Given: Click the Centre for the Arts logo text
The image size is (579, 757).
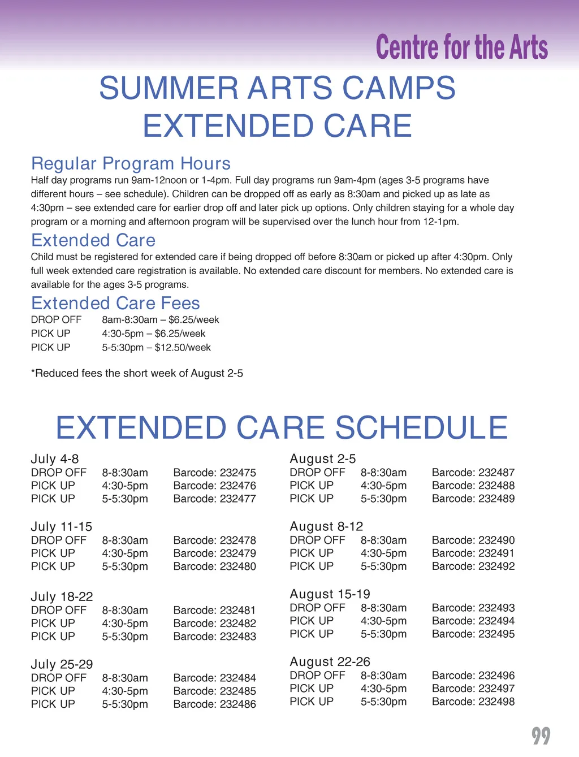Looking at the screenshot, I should pos(461,47).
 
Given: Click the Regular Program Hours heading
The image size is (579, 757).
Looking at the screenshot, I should pos(131,163).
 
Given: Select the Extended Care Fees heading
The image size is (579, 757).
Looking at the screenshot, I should pos(115,303).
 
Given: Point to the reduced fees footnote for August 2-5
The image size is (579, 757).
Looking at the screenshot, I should pos(137,374).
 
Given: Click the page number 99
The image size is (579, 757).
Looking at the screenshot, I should pos(541,736).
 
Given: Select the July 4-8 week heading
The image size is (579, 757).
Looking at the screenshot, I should pos(55,458).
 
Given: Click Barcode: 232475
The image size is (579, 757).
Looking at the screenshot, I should pos(214,473).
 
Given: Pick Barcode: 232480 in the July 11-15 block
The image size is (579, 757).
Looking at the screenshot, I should pos(214,566).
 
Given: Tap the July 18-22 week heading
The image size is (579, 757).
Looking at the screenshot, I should pos(62,596).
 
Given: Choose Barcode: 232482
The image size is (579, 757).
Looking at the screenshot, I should pos(214,624).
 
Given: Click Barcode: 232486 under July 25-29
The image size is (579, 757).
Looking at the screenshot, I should pos(214,704).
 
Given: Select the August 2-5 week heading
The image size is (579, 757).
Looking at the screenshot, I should pos(323,458).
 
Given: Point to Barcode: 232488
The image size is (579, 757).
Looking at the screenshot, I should pos(473,486).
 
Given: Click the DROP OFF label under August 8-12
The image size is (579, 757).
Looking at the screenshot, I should pos(317,540).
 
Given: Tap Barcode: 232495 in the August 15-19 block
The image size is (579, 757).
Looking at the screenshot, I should pos(473,634).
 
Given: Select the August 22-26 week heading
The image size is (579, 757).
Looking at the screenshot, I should pos(330,661).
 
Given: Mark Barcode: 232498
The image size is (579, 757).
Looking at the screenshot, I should pos(473,702).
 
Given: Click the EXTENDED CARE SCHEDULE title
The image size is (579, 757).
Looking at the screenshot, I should pos(282,427).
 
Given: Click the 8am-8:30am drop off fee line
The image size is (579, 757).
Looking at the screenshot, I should pos(160,320).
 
